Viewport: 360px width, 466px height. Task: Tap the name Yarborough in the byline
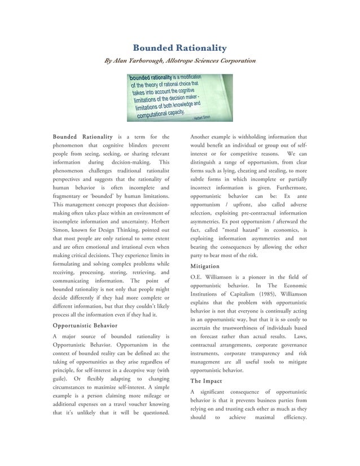tap(150, 60)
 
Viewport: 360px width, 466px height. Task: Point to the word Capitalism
tap(239, 293)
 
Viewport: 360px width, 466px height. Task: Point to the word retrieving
tap(142, 272)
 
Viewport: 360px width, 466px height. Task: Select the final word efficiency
tap(290, 417)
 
